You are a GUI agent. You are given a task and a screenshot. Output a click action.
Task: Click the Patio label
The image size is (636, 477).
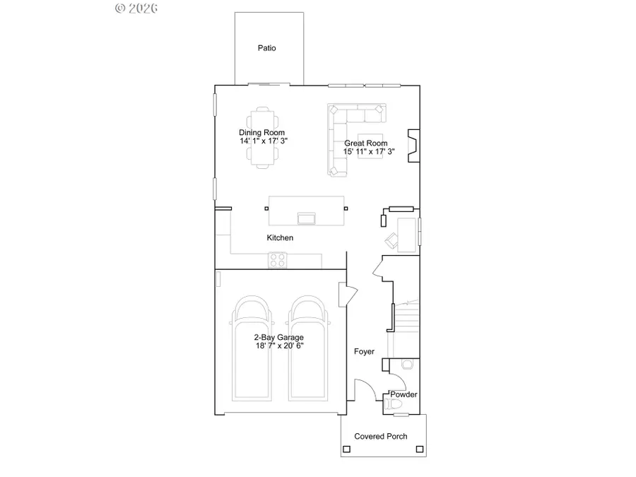click(266, 49)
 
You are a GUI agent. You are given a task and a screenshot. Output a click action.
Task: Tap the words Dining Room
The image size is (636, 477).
click(261, 133)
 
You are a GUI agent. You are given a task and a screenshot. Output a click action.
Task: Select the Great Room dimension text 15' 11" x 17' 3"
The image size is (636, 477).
click(369, 151)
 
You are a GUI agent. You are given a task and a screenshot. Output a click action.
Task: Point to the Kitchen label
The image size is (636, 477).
click(280, 238)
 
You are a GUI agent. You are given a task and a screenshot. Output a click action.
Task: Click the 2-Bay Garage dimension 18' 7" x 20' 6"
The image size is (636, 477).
click(279, 346)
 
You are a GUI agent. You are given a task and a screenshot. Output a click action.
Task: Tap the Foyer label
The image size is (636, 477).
click(364, 351)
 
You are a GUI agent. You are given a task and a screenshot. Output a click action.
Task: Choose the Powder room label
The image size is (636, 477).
click(404, 394)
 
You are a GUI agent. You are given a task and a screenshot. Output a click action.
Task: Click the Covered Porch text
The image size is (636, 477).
click(381, 436)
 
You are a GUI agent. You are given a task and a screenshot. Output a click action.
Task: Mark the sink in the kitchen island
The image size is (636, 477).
click(307, 216)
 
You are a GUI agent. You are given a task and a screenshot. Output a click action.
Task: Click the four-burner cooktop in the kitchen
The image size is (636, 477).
click(277, 261)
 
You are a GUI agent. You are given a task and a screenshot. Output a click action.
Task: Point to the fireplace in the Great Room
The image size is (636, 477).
click(411, 146)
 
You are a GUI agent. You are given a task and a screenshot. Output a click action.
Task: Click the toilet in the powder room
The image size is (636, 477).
click(394, 405)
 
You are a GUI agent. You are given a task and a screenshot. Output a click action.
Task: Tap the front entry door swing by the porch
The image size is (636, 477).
click(364, 391)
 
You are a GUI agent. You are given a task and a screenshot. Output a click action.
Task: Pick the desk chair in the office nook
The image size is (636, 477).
click(391, 240)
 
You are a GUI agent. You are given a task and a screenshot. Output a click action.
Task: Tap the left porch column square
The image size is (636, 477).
click(346, 448)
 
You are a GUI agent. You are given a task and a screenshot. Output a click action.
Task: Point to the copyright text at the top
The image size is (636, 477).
click(136, 8)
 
